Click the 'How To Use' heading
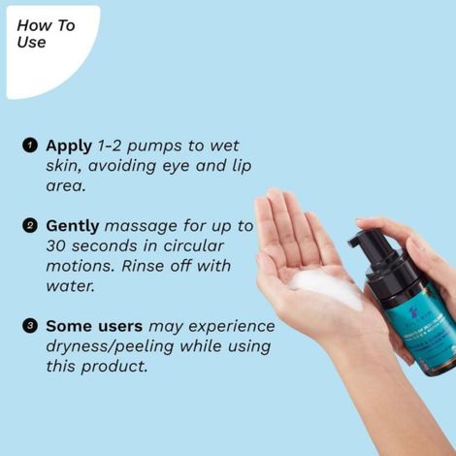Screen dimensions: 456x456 pyautogui.click(x=46, y=34)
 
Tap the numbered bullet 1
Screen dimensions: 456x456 pyautogui.click(x=30, y=146)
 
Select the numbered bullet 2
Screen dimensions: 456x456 pyautogui.click(x=30, y=226)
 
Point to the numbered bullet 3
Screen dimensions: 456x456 pyautogui.click(x=30, y=326)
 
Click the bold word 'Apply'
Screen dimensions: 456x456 pyautogui.click(x=69, y=146)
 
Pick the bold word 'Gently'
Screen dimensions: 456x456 pyautogui.click(x=73, y=226)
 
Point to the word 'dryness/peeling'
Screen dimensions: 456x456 pyautogui.click(x=114, y=346)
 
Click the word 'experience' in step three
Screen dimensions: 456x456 pyautogui.click(x=230, y=326)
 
